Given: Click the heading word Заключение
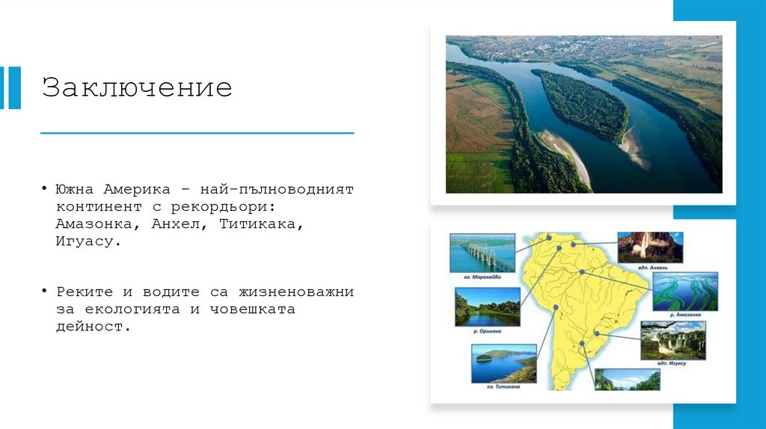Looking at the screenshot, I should point(137,87).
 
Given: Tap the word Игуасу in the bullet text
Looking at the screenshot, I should point(87,241).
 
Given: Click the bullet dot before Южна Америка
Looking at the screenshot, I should point(45,188).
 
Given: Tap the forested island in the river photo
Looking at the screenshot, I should point(580,105).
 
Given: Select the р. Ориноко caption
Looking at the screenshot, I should point(487,330).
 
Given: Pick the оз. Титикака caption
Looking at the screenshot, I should point(503,387).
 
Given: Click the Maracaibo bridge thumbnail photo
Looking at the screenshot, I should point(482,253).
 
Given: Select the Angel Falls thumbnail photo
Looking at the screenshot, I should point(650,247).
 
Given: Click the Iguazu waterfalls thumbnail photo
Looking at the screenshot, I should point(672,341).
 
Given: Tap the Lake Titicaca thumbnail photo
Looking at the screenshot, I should point(503,364).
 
